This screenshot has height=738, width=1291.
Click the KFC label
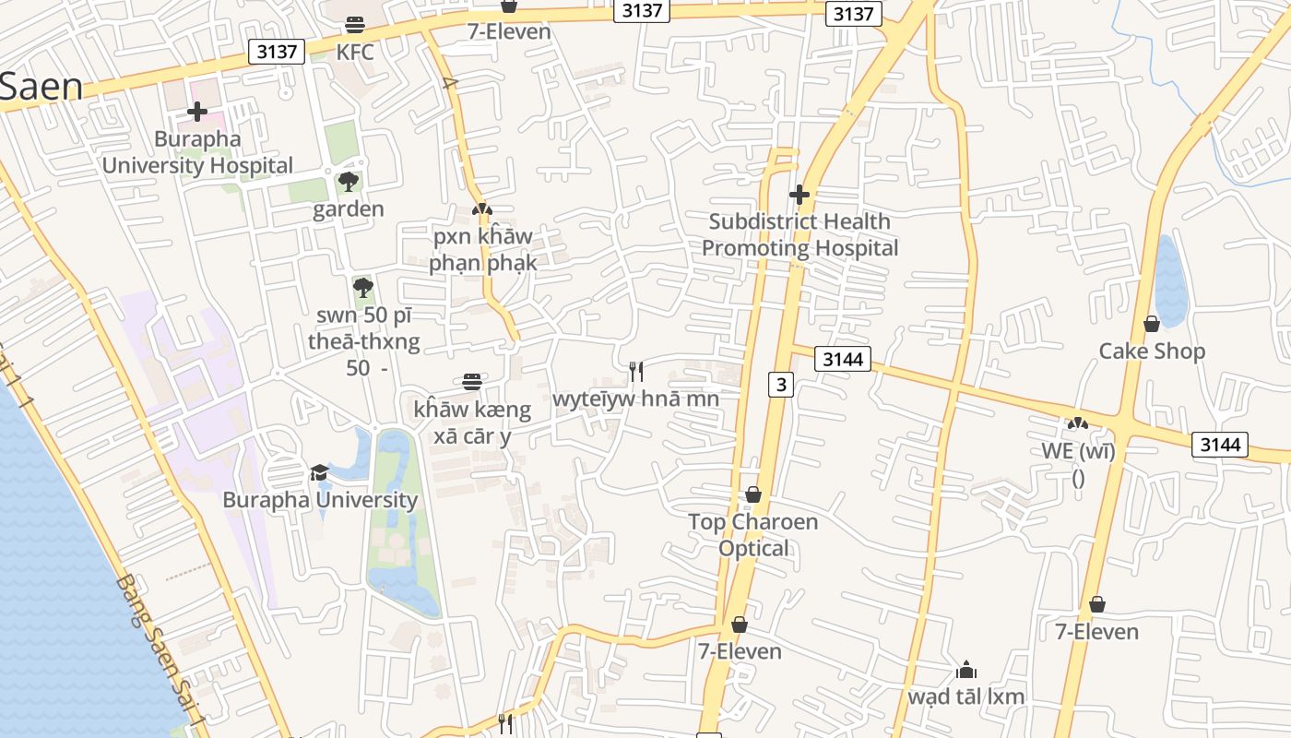click(355, 52)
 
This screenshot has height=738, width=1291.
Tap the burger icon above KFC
click(355, 24)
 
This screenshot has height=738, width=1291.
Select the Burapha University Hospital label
click(197, 152)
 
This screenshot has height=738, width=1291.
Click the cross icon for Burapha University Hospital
click(197, 113)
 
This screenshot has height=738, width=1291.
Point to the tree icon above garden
click(348, 182)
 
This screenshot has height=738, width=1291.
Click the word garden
click(348, 209)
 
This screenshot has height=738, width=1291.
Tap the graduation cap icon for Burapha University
click(319, 472)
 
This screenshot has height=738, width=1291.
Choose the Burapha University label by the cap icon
click(320, 500)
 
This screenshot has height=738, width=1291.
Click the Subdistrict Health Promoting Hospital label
click(799, 234)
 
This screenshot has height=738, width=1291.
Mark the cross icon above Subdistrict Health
click(799, 195)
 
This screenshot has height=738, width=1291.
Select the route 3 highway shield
click(780, 385)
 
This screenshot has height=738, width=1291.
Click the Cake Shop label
click(1152, 351)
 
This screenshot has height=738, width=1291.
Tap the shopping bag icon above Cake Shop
click(1152, 324)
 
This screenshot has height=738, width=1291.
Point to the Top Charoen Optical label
click(753, 535)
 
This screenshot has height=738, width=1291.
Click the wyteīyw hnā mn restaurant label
click(635, 399)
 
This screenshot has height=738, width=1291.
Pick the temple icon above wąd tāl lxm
click(966, 669)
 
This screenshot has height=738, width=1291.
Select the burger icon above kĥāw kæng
click(472, 382)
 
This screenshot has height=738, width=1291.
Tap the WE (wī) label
click(1078, 452)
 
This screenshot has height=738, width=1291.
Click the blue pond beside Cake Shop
click(1169, 281)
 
